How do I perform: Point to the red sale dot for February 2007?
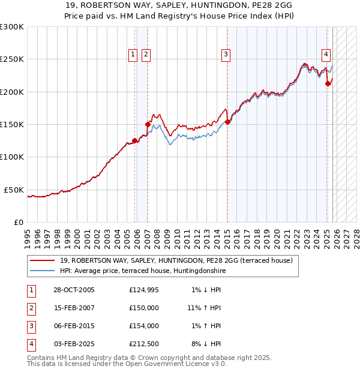tap(148, 124)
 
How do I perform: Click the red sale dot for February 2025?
tap(328, 84)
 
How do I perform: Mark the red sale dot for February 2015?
tap(227, 122)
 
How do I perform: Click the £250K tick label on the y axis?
tap(12, 59)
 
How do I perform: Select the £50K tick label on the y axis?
tap(14, 190)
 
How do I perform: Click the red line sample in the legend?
tap(43, 260)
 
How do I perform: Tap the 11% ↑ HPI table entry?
tap(204, 308)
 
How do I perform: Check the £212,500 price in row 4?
tap(143, 344)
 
